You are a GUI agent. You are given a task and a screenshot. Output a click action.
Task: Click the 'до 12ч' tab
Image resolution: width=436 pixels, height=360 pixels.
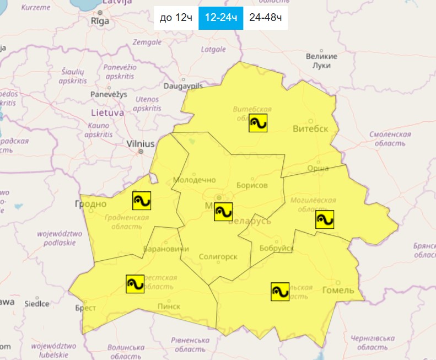click(x=176, y=18)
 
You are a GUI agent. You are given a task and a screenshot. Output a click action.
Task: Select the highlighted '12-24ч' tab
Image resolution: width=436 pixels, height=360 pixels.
click(x=220, y=18)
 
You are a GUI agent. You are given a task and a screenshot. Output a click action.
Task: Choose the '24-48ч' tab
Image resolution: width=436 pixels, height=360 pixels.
click(x=266, y=18)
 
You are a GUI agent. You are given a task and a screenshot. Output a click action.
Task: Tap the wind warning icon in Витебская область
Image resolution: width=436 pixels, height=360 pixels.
click(x=258, y=123)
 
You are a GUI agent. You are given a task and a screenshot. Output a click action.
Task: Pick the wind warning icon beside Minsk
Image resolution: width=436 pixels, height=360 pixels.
click(x=223, y=212)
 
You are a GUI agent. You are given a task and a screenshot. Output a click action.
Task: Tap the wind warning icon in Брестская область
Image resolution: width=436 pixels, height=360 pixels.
click(x=135, y=284)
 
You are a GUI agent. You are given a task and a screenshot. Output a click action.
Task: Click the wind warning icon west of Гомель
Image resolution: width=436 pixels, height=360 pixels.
click(x=280, y=291)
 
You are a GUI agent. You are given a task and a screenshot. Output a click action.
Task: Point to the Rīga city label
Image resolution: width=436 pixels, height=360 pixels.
click(x=100, y=21)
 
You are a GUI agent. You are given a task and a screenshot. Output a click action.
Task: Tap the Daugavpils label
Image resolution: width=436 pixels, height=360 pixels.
click(x=184, y=87)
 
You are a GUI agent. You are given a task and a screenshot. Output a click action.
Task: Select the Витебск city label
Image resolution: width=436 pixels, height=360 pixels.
click(x=310, y=128)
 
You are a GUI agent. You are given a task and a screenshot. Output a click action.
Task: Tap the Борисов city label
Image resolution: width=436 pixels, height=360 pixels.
click(x=251, y=185)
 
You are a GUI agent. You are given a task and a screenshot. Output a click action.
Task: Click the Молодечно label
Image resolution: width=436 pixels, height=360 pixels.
click(x=191, y=180)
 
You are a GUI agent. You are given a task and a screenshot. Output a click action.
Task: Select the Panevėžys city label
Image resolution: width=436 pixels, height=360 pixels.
click(x=108, y=94)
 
